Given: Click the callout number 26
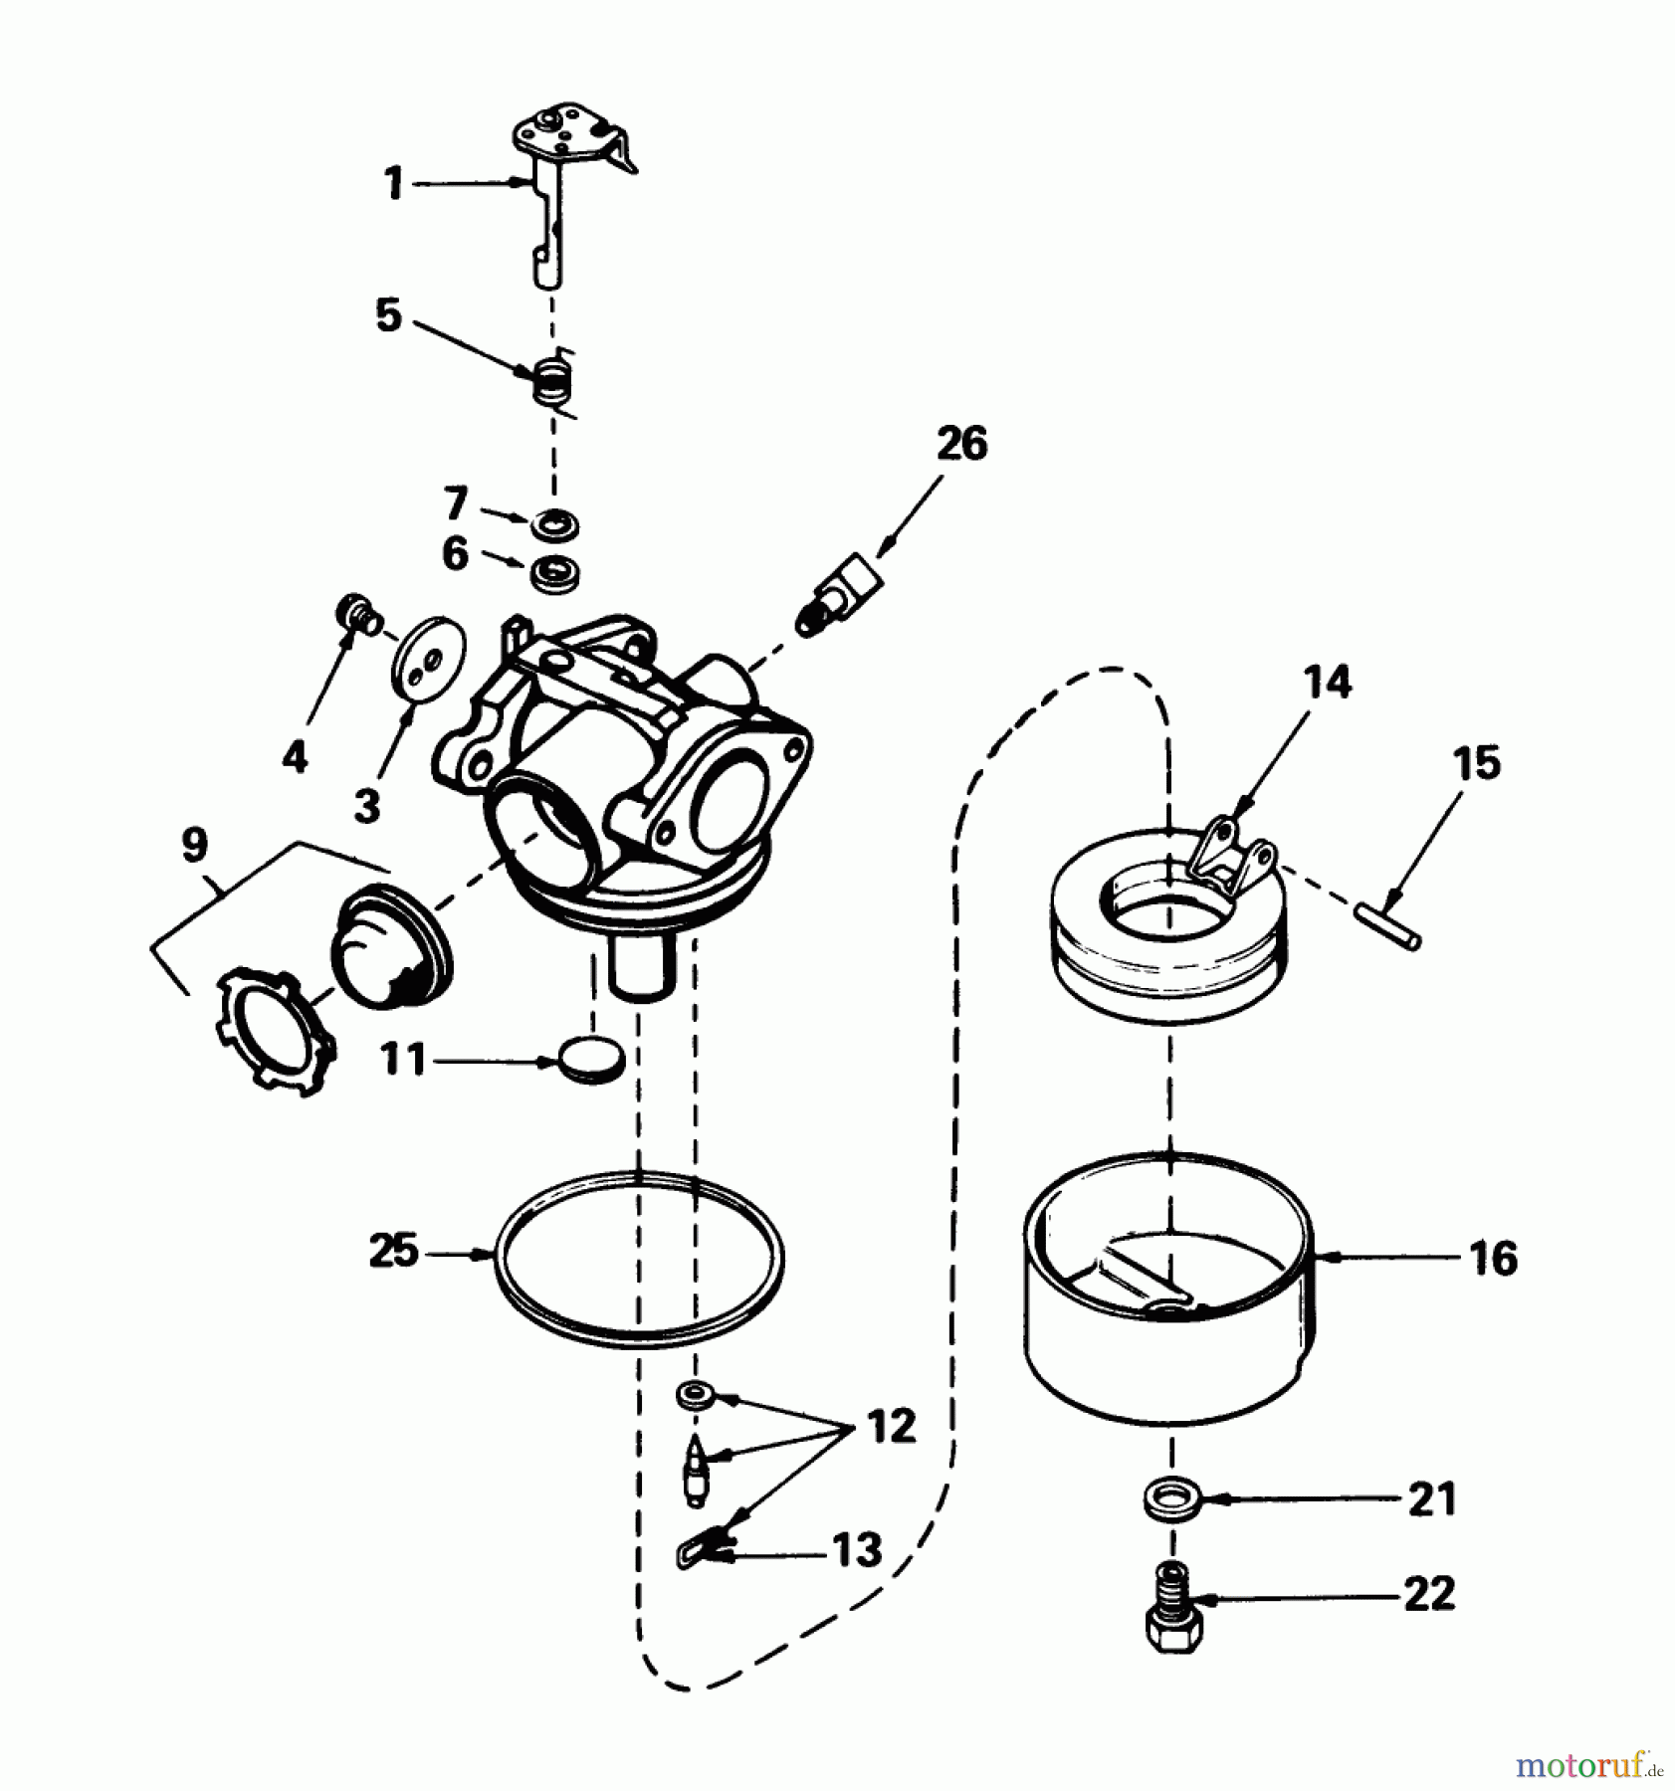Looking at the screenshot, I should pos(961,444).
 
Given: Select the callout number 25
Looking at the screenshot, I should pos(394,1251).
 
